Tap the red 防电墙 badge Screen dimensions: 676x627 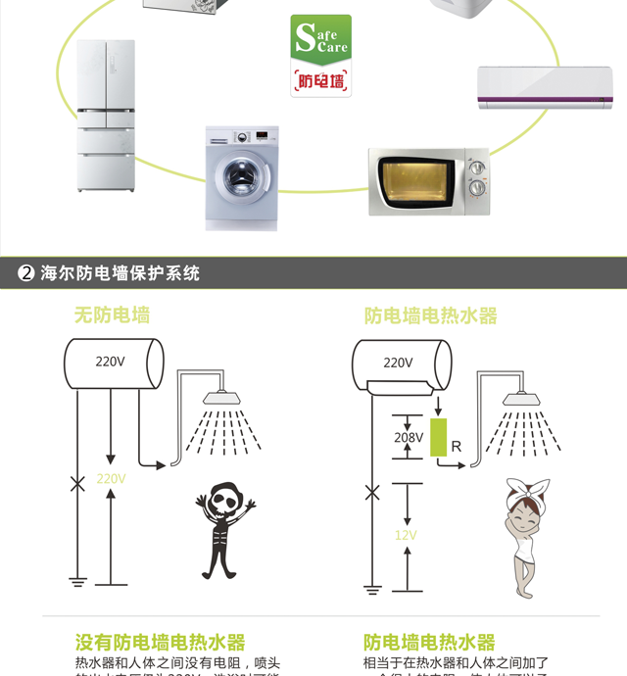pos(320,81)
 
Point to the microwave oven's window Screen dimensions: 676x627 pos(415,183)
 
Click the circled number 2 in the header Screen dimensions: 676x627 pos(26,273)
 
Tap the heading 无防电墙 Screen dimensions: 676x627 pos(112,315)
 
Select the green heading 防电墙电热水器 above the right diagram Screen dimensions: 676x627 pos(431,315)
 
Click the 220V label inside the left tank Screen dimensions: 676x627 pos(110,362)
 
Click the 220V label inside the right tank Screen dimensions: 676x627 pos(398,362)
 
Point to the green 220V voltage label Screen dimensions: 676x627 pos(111,479)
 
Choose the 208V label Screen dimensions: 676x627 pos(409,438)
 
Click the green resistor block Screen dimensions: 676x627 pos(438,436)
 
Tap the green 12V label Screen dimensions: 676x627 pos(406,535)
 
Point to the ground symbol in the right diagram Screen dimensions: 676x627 pos(371,589)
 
